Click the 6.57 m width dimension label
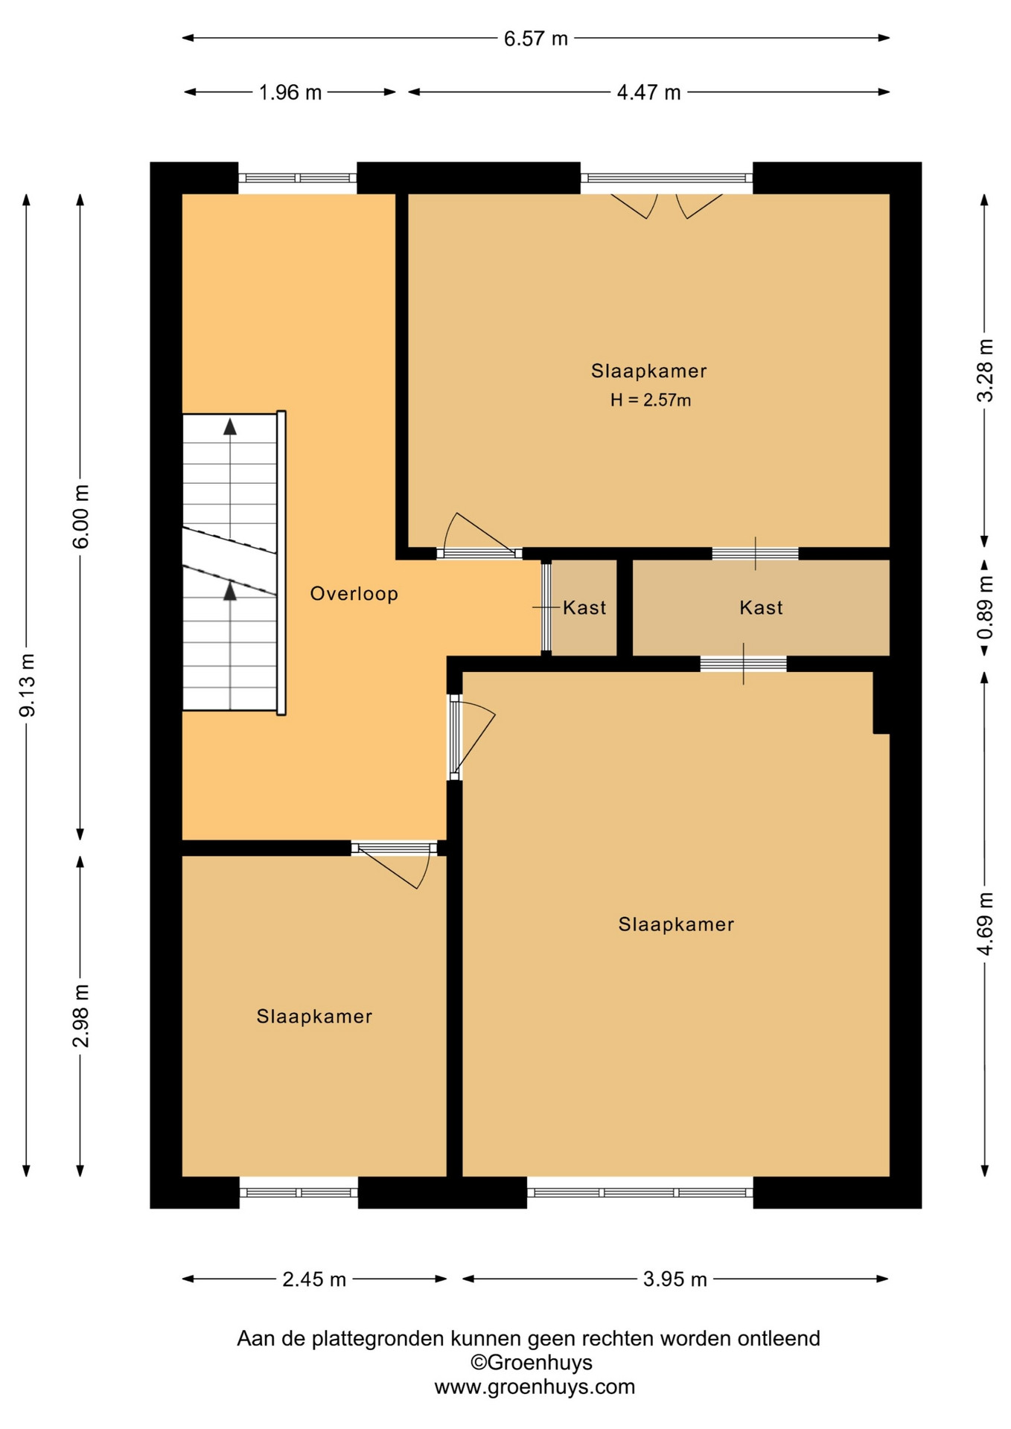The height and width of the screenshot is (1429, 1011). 535,39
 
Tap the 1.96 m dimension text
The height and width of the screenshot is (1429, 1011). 290,92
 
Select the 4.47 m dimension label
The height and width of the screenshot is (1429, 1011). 648,92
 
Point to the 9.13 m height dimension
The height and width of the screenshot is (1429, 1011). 28,685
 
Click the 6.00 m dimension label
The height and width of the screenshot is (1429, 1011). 81,517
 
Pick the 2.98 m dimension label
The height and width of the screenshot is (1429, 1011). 81,1015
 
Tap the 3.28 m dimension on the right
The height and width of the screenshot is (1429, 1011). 985,370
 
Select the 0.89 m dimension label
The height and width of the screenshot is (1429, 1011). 985,607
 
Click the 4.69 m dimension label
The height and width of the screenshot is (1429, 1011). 985,923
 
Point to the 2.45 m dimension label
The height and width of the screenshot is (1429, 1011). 314,1279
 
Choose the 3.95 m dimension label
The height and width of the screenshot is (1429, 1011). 674,1279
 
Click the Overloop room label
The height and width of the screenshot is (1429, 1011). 354,594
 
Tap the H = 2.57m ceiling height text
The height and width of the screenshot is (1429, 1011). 651,400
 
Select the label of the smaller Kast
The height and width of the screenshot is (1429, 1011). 584,608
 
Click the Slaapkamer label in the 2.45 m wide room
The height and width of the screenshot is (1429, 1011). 314,1017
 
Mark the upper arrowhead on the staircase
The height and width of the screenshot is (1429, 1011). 230,426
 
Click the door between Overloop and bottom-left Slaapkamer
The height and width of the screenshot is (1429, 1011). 395,863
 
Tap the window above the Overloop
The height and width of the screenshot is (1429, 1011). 298,179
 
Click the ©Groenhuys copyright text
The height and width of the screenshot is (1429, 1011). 532,1363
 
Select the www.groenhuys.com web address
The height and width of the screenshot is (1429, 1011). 535,1387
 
